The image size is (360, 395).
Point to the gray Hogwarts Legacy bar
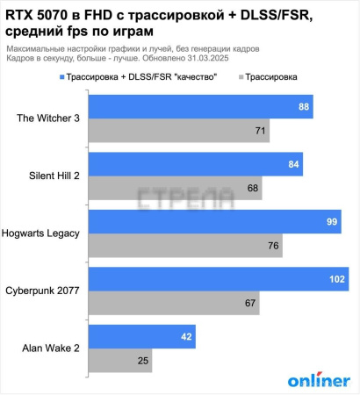185,245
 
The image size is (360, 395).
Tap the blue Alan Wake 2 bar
141,336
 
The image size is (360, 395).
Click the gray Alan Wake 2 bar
125,360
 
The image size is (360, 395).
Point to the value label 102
335,279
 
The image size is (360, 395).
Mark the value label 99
332,221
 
